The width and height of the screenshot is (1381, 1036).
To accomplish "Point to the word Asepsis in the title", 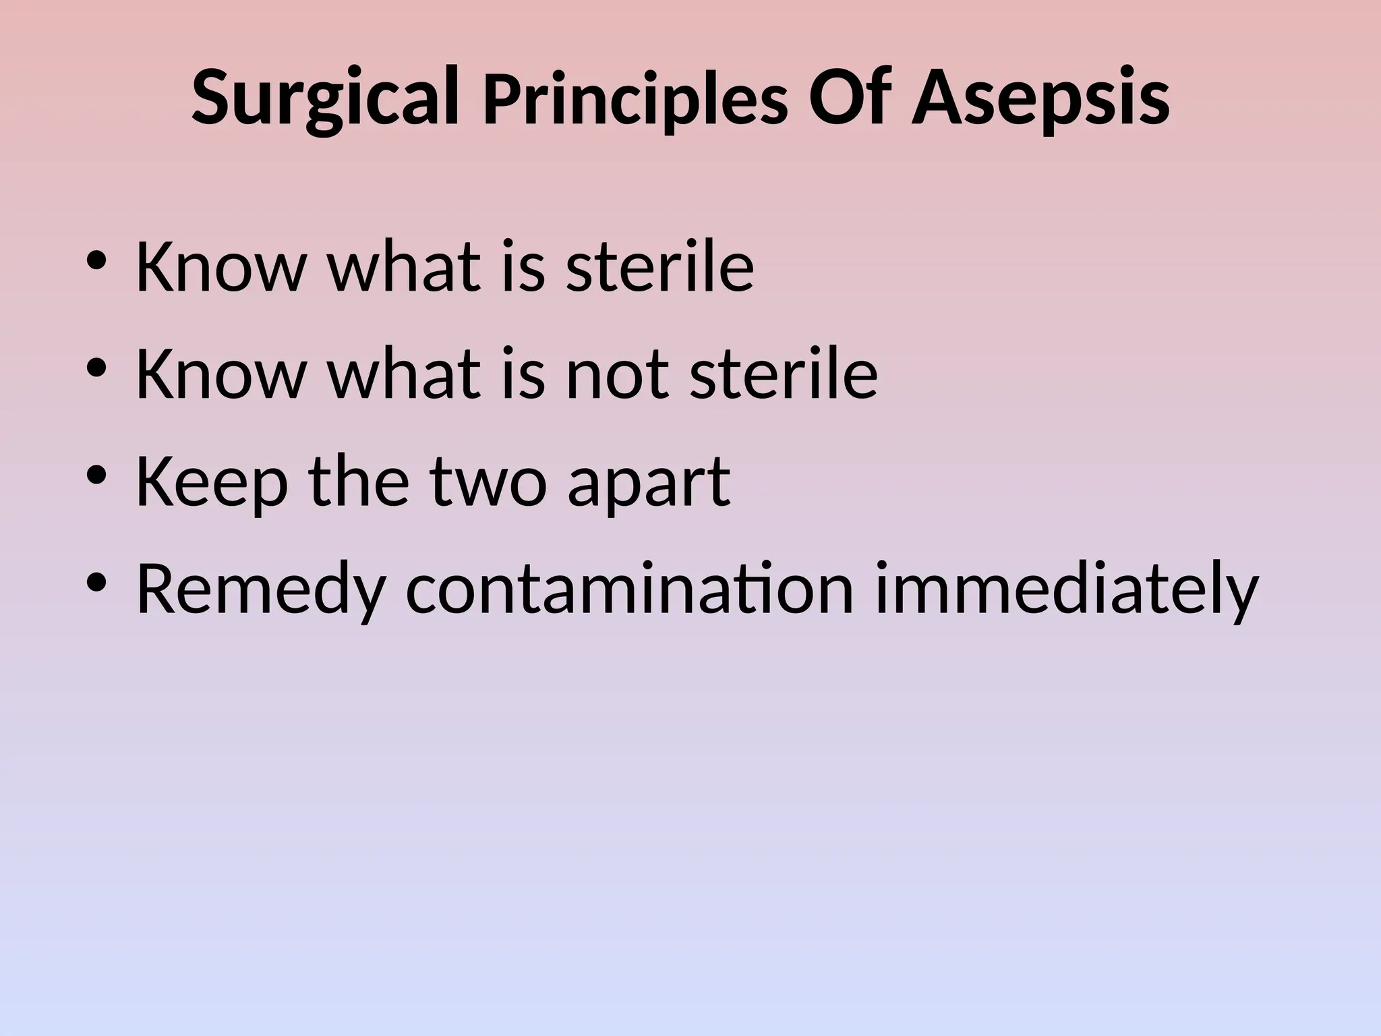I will click(x=1040, y=100).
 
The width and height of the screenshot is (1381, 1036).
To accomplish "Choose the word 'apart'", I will click(x=649, y=482).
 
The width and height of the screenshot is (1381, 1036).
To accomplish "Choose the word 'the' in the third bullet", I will click(x=359, y=482).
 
